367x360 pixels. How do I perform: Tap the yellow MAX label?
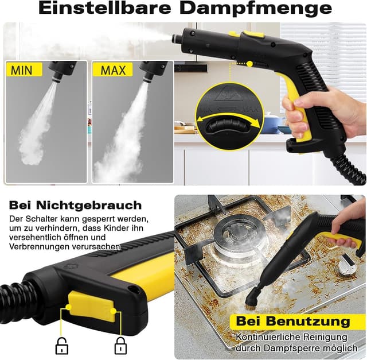[x=113, y=70]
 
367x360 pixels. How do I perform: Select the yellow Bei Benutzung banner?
[x=292, y=321]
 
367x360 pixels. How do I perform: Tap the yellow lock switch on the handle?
[x=92, y=307]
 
